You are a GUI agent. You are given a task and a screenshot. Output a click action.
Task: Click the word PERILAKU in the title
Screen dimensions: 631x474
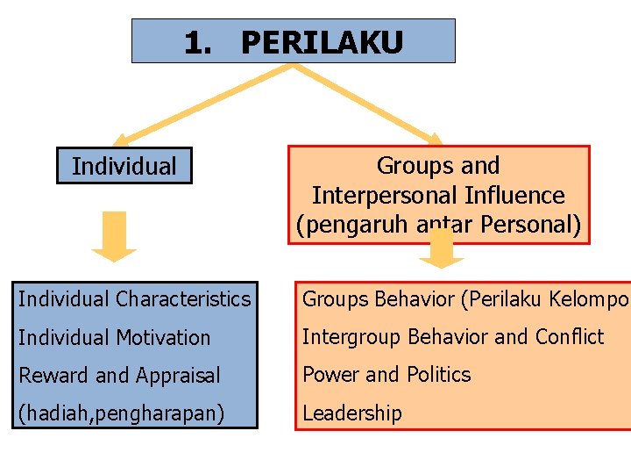coord(322,42)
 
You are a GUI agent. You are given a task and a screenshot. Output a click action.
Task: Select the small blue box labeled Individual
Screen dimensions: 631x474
coord(124,166)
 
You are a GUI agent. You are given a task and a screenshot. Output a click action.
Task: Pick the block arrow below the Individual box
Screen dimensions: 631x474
coord(114,236)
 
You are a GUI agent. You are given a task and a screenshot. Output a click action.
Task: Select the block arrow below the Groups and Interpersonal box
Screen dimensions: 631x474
coord(441,249)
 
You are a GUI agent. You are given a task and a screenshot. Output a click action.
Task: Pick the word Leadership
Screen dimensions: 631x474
coord(352,413)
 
